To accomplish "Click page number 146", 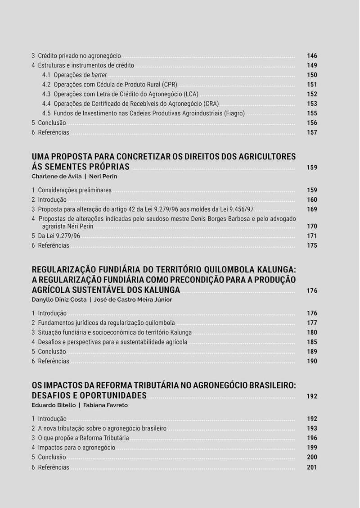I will (x=312, y=56).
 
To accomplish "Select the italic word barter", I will (x=99, y=75).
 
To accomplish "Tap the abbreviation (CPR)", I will (x=170, y=85).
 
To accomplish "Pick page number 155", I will (x=312, y=113).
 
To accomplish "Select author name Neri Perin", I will (x=103, y=176).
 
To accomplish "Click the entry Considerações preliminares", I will (x=75, y=190).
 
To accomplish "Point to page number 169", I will (x=312, y=209).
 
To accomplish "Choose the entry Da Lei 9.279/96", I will (x=59, y=236).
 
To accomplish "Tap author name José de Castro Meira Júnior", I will (x=133, y=299).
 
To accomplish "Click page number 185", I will (x=312, y=342).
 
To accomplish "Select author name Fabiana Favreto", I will (x=105, y=405).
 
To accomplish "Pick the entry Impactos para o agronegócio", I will (x=76, y=448).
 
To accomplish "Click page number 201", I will (x=312, y=467).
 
